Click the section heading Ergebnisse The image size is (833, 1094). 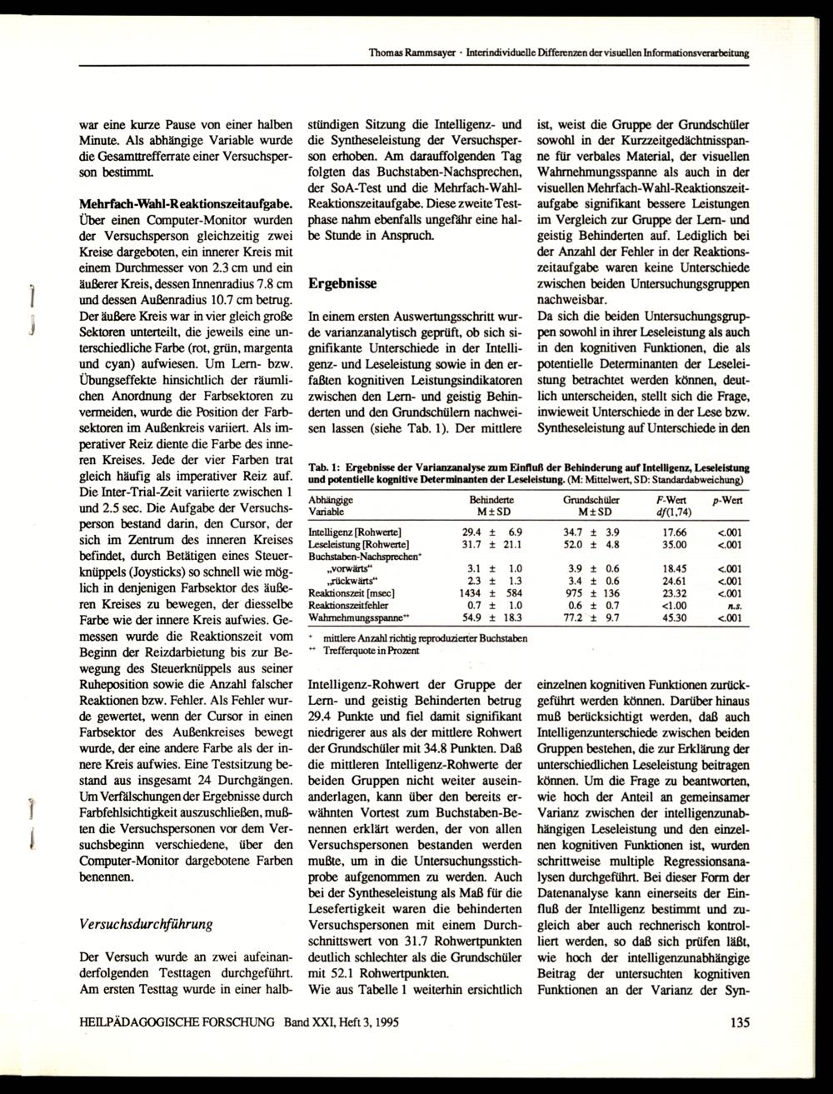click(342, 283)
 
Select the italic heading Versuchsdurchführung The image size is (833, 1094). click(145, 924)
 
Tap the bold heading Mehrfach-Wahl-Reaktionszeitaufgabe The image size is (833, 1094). click(185, 203)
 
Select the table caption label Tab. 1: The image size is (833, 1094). click(322, 468)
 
